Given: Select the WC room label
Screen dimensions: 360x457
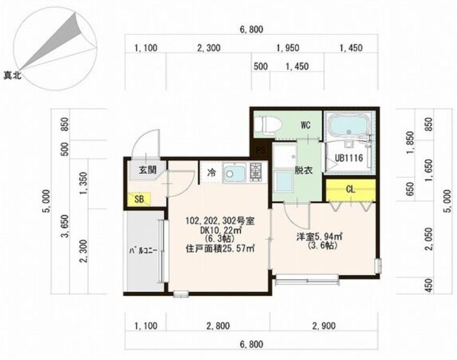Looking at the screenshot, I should (x=306, y=126).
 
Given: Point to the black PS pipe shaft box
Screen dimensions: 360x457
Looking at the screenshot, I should (x=261, y=150).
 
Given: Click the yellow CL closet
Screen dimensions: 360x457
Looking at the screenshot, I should (x=351, y=189).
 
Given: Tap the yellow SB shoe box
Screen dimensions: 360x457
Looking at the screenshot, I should (x=139, y=200).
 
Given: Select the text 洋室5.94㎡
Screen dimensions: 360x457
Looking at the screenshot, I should (x=321, y=236).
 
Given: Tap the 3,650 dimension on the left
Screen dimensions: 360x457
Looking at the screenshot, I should (x=65, y=233).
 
